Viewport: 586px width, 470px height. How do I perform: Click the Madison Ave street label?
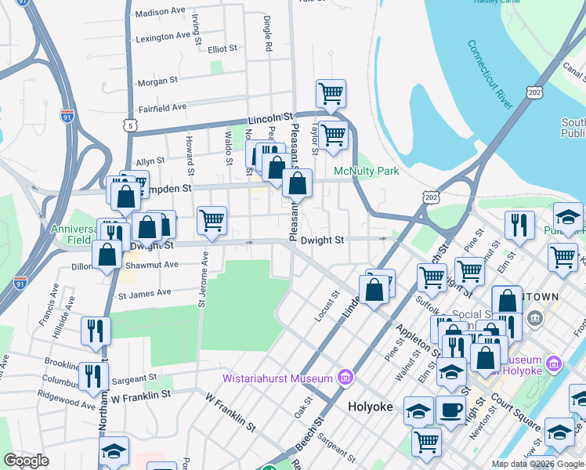tap(161, 13)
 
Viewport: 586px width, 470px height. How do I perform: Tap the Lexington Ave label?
tap(163, 37)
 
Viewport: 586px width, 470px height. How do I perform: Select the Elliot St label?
tap(222, 49)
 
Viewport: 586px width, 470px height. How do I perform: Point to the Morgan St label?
tap(157, 81)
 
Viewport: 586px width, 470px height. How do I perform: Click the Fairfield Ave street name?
tap(162, 107)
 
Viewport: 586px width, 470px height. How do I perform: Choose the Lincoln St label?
tap(270, 118)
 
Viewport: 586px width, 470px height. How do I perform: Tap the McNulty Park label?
tap(367, 171)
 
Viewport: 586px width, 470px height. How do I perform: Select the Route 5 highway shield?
tap(130, 125)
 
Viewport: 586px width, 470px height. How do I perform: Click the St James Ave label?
tap(144, 293)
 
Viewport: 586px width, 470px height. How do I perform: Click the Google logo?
tap(27, 461)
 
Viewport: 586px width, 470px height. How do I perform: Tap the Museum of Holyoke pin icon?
tap(555, 363)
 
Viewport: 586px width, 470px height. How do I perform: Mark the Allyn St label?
tap(150, 161)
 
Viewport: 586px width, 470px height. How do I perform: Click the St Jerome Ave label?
tap(203, 278)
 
